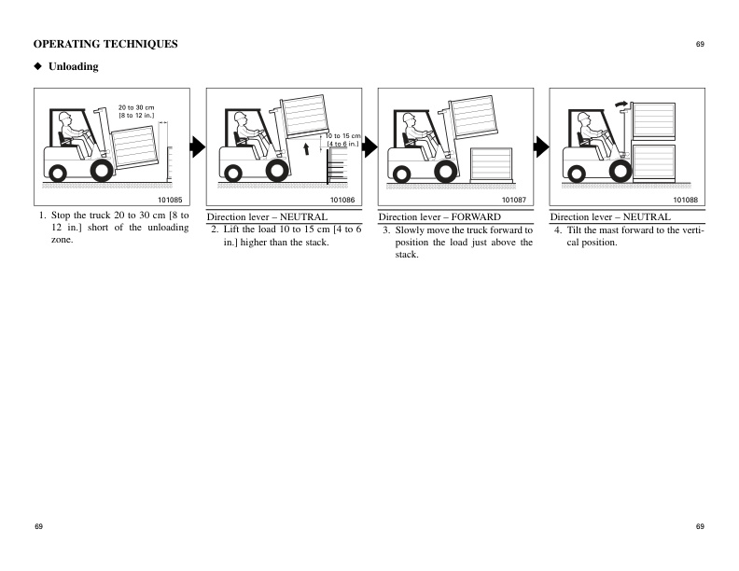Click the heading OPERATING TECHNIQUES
pyautogui.click(x=105, y=45)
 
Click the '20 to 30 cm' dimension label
pyautogui.click(x=135, y=107)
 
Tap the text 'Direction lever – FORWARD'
pyautogui.click(x=439, y=216)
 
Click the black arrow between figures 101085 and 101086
pyautogui.click(x=197, y=146)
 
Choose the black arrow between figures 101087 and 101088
pyautogui.click(x=540, y=146)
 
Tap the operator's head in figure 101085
pyautogui.click(x=64, y=120)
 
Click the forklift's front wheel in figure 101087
pyautogui.click(x=448, y=171)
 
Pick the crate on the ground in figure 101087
pyautogui.click(x=491, y=164)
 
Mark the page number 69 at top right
pyautogui.click(x=699, y=45)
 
